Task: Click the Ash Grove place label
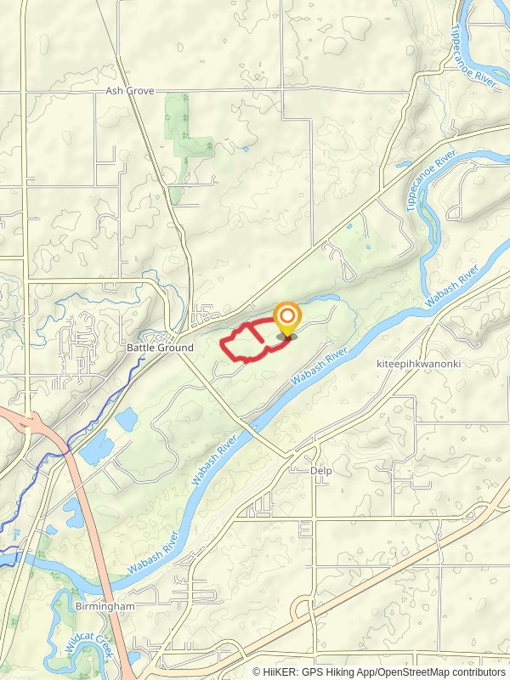pyautogui.click(x=130, y=90)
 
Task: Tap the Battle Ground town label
pyautogui.click(x=160, y=348)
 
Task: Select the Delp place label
pyautogui.click(x=320, y=470)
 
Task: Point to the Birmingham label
pyautogui.click(x=106, y=606)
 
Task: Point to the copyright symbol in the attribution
pyautogui.click(x=257, y=671)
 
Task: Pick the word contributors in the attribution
pyautogui.click(x=478, y=671)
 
